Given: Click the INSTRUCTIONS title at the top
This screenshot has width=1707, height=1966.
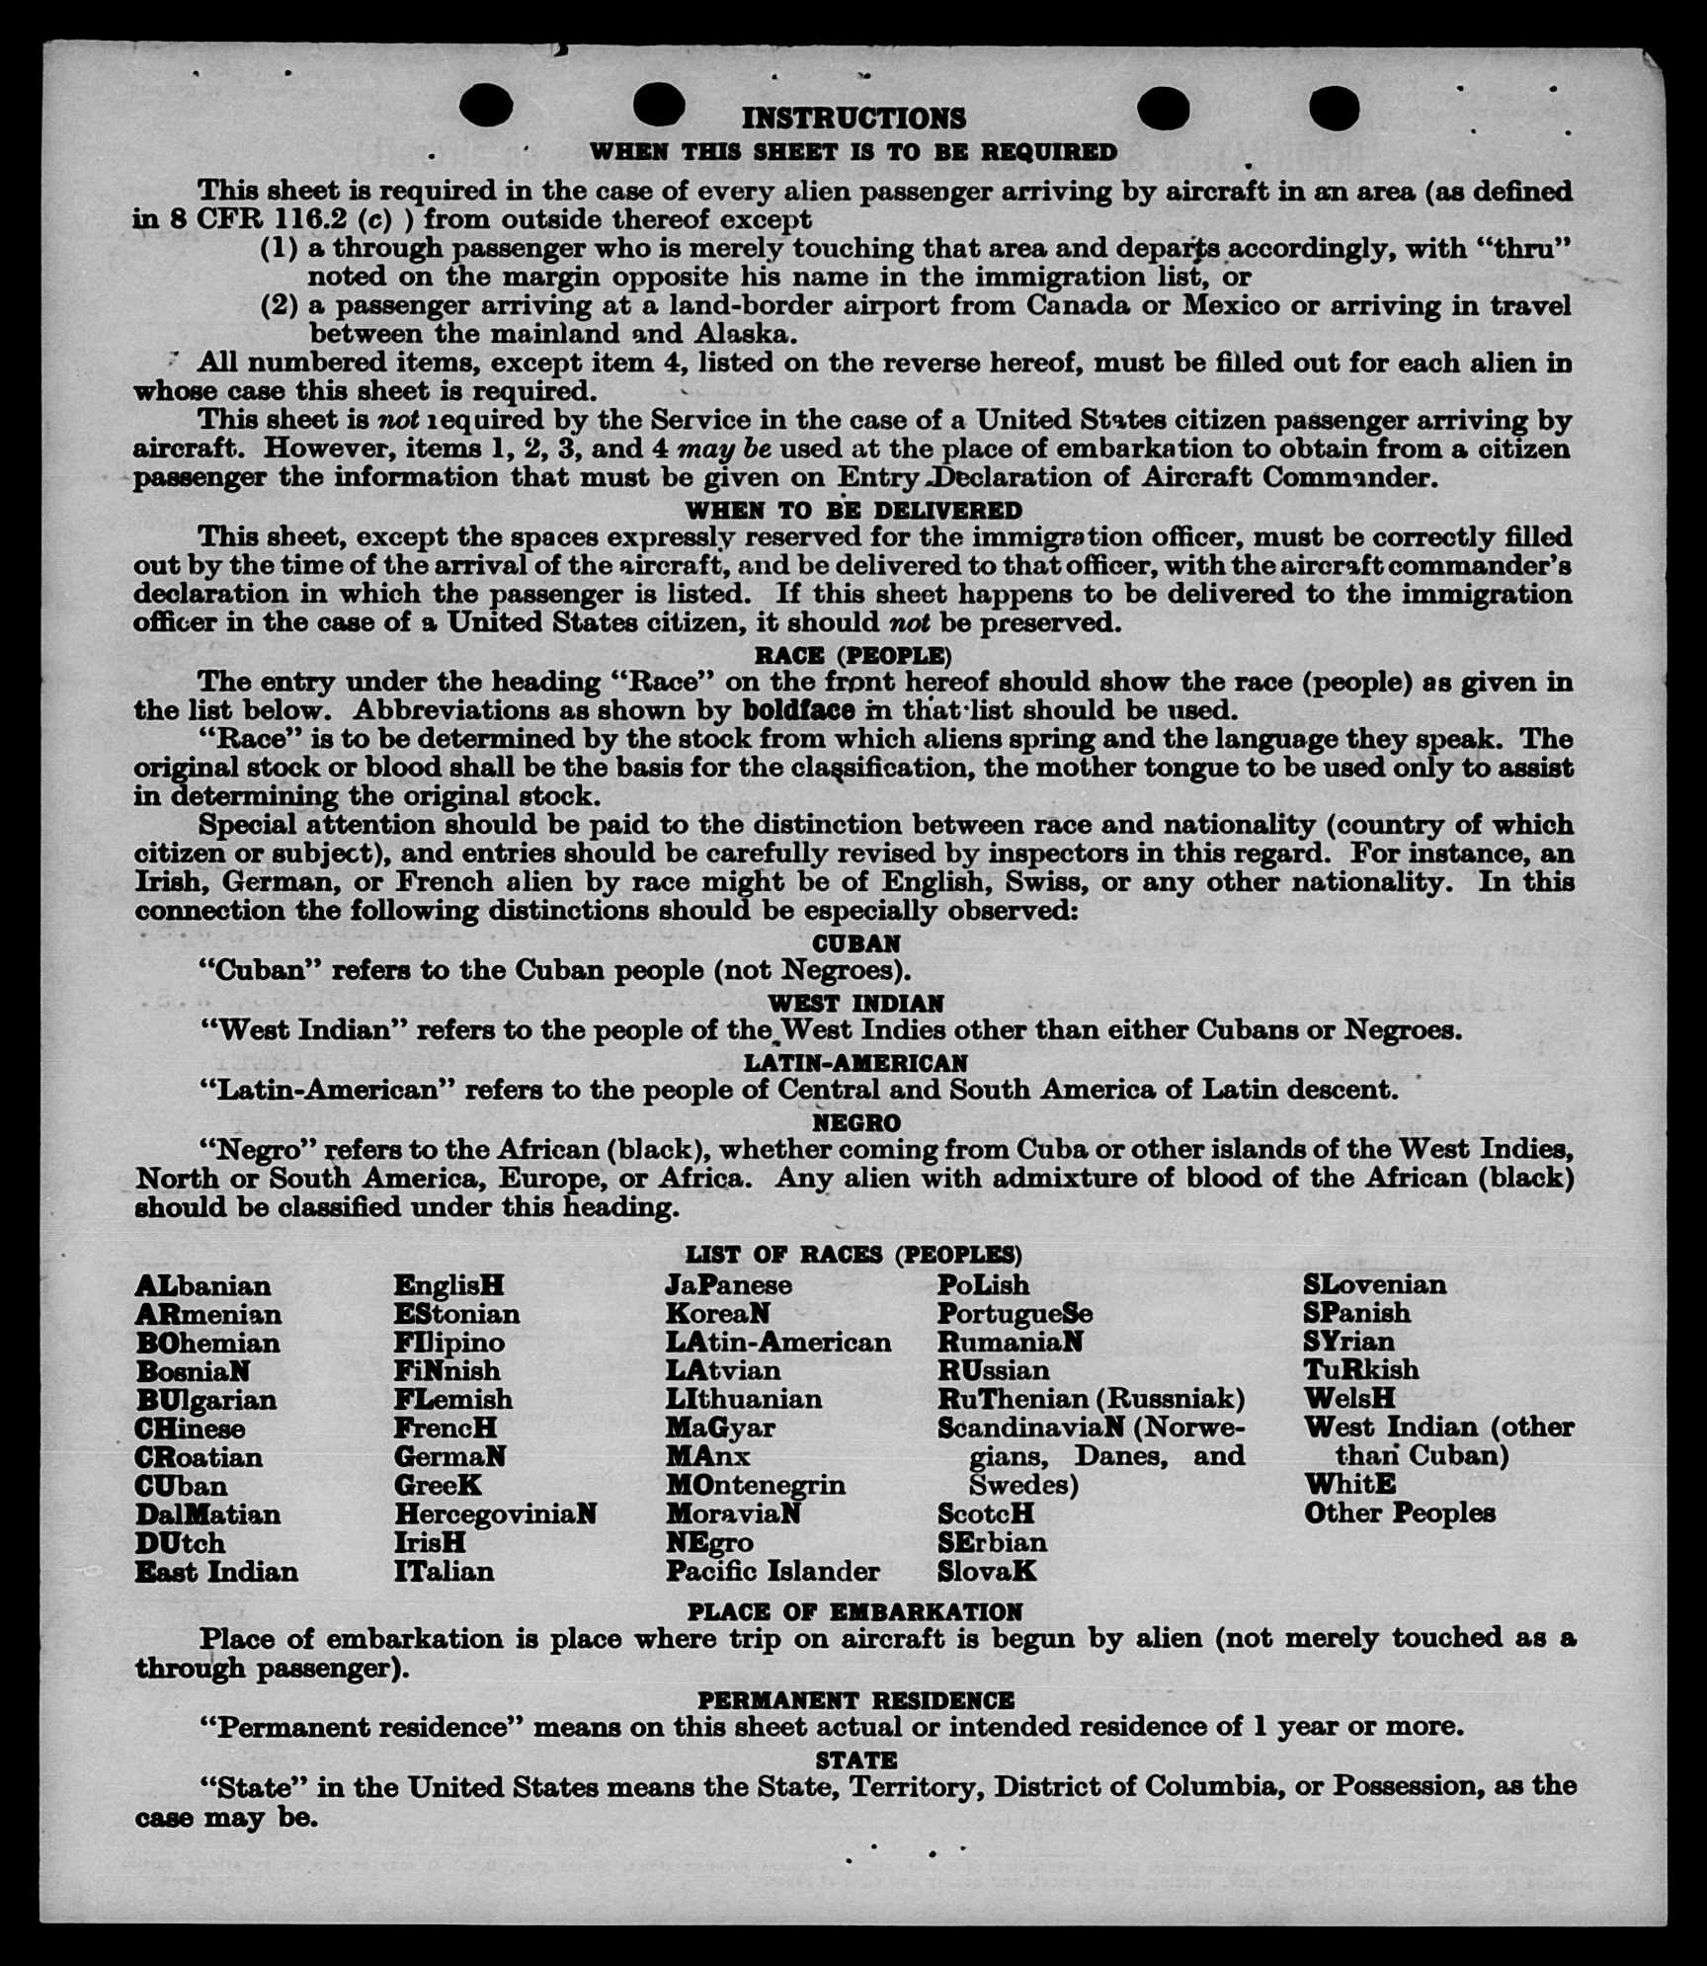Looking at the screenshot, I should coord(853,119).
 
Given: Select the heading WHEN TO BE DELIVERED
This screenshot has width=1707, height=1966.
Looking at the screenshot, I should coord(853,511).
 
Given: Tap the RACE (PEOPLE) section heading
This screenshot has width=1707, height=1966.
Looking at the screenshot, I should coord(853,656).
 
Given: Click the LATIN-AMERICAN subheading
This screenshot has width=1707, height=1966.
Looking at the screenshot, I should coord(855,1063).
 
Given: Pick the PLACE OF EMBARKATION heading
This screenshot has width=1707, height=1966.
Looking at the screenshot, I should coord(855,1612).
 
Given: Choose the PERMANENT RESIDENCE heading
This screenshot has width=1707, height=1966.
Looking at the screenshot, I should coord(855,1700).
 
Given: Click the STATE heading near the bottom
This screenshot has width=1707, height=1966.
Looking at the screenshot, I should coord(855,1760).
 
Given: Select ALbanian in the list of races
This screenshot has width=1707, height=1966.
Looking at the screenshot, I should coord(203,1286).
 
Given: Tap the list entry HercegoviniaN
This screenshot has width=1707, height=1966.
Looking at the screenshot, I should coord(495,1515).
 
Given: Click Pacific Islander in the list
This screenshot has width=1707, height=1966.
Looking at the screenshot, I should coord(772,1571).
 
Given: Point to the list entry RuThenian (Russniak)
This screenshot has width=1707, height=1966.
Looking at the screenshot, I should coord(1091,1399).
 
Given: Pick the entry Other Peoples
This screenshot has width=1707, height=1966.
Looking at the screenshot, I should coord(1399,1513).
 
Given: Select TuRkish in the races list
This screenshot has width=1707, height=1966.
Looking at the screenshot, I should coord(1361,1370).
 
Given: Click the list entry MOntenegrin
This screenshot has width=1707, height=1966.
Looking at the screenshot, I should coord(756,1485).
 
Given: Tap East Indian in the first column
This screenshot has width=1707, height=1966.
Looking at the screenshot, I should coord(216,1572).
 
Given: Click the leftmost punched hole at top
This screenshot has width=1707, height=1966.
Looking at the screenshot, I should coord(485,106).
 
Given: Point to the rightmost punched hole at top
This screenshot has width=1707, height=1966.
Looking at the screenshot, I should coord(1334,107).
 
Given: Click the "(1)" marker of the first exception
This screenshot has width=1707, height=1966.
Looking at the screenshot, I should coord(279,248).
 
